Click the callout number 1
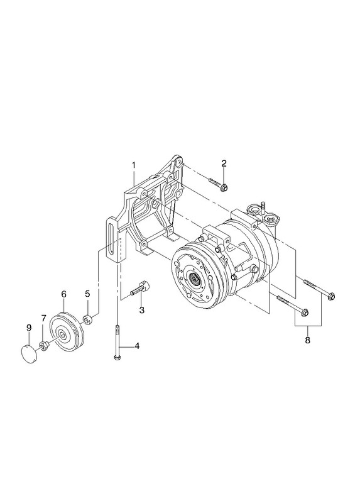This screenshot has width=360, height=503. pyautogui.click(x=133, y=165)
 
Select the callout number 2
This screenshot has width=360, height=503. pyautogui.click(x=224, y=163)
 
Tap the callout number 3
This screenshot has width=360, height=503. pyautogui.click(x=141, y=310)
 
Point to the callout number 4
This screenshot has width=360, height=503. pyautogui.click(x=137, y=346)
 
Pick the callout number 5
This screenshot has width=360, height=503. pyautogui.click(x=87, y=294)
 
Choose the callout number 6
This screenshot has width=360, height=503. pyautogui.click(x=63, y=294)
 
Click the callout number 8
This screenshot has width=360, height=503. pyautogui.click(x=307, y=340)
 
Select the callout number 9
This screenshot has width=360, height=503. pyautogui.click(x=29, y=328)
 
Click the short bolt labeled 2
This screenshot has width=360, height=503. pyautogui.click(x=218, y=184)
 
